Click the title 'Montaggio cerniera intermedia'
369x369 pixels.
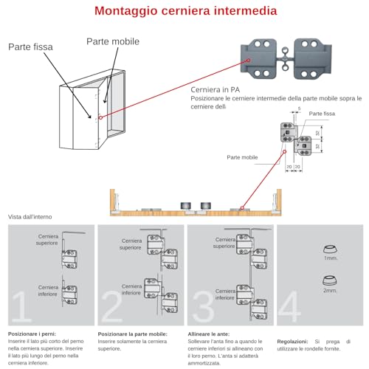[x=184, y=12]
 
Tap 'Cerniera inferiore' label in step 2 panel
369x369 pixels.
[x=132, y=289]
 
